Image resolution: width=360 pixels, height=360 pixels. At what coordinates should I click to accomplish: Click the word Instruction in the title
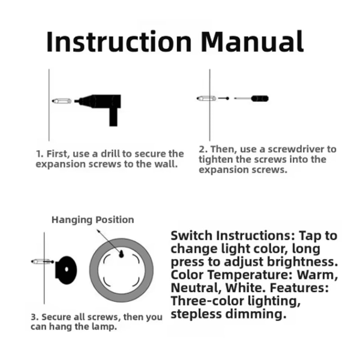[119, 41]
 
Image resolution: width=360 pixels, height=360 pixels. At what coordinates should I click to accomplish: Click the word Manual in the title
[252, 41]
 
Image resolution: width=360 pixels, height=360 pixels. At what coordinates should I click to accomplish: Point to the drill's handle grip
[113, 117]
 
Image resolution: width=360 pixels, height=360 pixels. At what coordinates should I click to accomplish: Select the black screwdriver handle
[260, 99]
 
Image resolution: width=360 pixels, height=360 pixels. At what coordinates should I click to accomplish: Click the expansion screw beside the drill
[62, 101]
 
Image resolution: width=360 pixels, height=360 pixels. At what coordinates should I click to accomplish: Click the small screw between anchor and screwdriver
[224, 98]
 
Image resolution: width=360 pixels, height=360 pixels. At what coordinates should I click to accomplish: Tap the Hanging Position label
[93, 220]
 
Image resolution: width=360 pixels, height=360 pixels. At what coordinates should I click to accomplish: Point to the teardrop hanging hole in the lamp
[121, 254]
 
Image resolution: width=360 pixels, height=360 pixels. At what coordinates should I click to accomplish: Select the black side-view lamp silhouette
[66, 270]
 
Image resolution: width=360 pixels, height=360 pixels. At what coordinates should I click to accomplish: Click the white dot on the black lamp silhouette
[67, 269]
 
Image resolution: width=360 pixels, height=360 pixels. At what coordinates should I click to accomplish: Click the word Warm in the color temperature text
[317, 275]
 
